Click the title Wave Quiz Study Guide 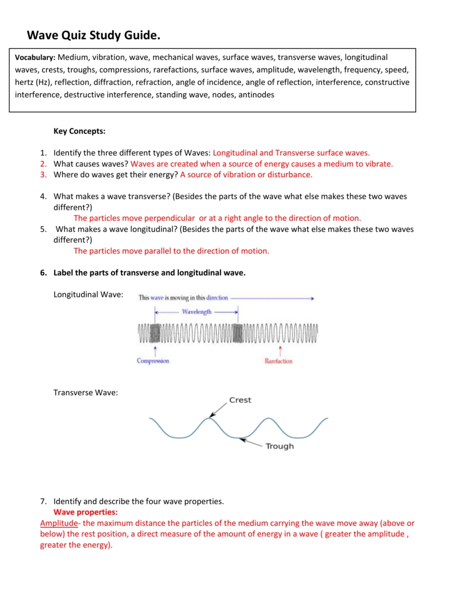[x=94, y=36]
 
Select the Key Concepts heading [x=79, y=131]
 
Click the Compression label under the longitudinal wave [x=153, y=361]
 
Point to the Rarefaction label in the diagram [x=278, y=361]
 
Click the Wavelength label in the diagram [x=197, y=312]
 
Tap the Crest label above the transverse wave [x=240, y=400]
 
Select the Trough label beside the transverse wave [x=280, y=446]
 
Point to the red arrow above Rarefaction [x=280, y=350]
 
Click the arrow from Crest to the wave [x=218, y=409]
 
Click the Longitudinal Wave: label [x=88, y=294]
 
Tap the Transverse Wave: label [x=86, y=392]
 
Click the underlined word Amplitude [x=59, y=523]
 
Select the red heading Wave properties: [x=86, y=512]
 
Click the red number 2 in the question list [x=43, y=163]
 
